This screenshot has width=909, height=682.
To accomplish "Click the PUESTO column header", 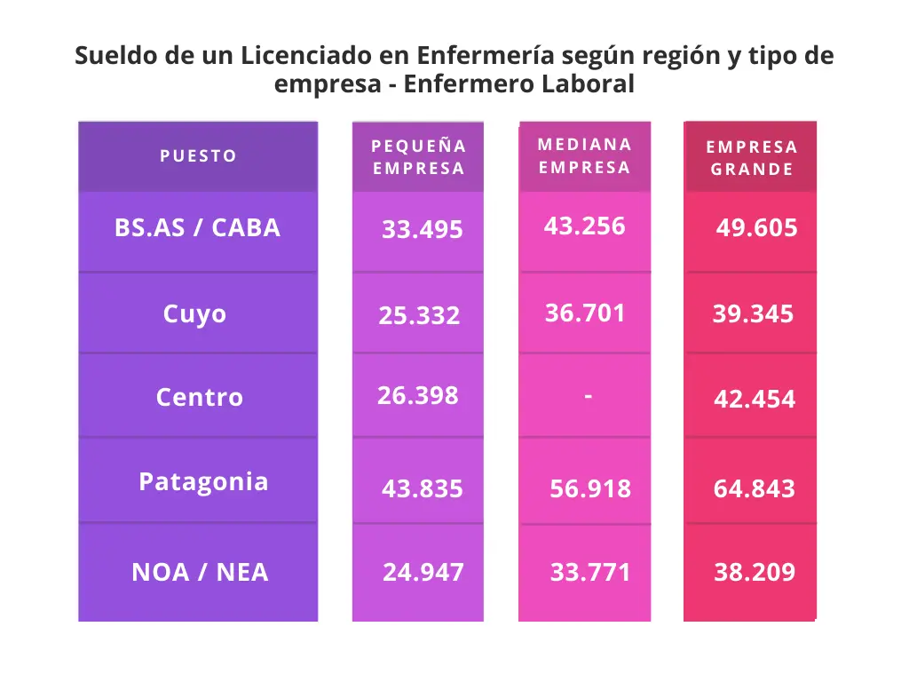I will (x=198, y=156).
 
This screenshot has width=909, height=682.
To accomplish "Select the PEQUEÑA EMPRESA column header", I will (x=418, y=157).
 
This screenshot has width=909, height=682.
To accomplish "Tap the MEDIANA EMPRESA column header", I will (x=584, y=156).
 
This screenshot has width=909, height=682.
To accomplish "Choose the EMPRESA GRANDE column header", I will (x=751, y=158).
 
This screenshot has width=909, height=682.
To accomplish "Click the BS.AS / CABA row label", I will (x=197, y=228).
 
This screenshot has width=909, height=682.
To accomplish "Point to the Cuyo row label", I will (x=194, y=314).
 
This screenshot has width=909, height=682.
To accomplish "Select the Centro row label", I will (x=199, y=397).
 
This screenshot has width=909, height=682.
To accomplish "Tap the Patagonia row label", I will (x=203, y=481).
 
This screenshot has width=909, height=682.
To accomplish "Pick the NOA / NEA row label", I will (x=200, y=573).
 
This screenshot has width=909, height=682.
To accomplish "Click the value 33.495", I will (x=422, y=230).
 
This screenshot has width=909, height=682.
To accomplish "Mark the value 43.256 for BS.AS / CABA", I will (x=584, y=226).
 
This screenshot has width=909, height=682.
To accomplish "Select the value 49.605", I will (x=756, y=228).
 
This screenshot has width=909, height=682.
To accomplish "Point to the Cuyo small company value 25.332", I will (x=419, y=315).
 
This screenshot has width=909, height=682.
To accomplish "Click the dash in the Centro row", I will (x=588, y=395).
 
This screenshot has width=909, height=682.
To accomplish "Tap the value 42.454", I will (x=755, y=400).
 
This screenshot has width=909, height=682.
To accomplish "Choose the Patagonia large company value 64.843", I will (x=754, y=488).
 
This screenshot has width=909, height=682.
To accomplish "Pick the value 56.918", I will (x=590, y=488).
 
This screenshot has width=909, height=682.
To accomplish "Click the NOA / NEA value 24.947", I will (x=423, y=573).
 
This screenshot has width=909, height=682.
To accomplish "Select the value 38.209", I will (x=755, y=573).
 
